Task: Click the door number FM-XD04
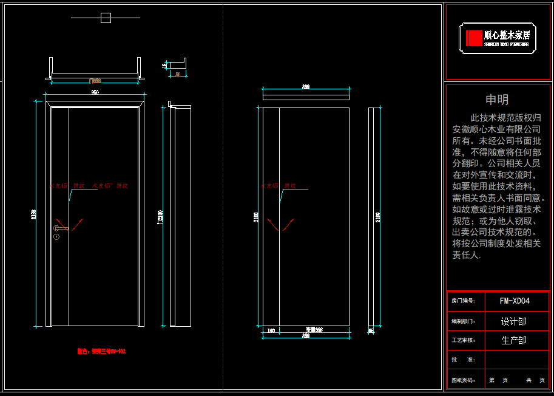click(x=515, y=301)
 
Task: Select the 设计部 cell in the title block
click(x=513, y=321)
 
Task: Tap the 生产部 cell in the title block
click(x=513, y=341)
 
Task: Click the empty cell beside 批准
click(x=516, y=360)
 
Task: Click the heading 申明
click(x=497, y=100)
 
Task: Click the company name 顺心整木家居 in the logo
click(x=507, y=35)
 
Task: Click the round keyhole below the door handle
click(x=56, y=236)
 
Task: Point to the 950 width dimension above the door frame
click(x=95, y=92)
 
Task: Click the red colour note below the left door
click(x=101, y=351)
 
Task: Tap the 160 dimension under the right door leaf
click(x=271, y=330)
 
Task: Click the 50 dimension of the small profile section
click(x=177, y=73)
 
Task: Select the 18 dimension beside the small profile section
click(x=164, y=65)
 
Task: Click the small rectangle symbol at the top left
click(x=106, y=18)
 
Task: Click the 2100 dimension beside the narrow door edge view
click(x=379, y=216)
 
